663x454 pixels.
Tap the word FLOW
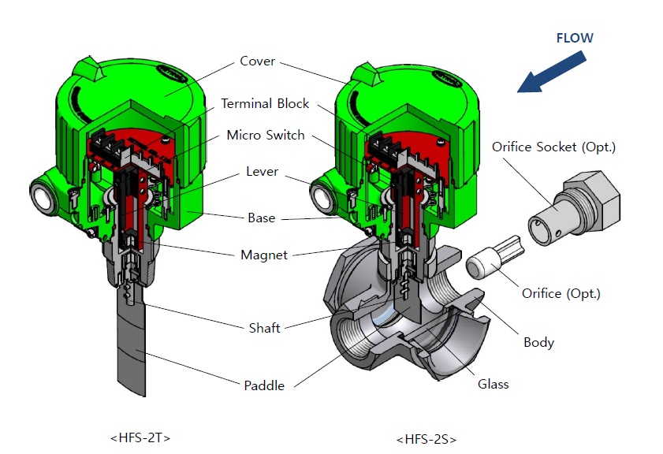pyautogui.click(x=575, y=38)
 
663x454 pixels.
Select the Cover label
pyautogui.click(x=257, y=61)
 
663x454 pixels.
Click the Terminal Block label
pyautogui.click(x=265, y=103)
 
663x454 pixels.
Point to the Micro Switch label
pyautogui.click(x=265, y=135)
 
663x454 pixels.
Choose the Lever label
pyautogui.click(x=262, y=171)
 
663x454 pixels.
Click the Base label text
pyautogui.click(x=261, y=218)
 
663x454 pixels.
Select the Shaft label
pyautogui.click(x=264, y=328)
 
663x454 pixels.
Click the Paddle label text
pyautogui.click(x=264, y=385)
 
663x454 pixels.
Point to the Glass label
pyautogui.click(x=493, y=384)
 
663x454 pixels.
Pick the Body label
pyautogui.click(x=538, y=343)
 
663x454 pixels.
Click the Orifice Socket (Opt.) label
pyautogui.click(x=553, y=147)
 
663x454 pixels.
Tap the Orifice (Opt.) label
pyautogui.click(x=561, y=293)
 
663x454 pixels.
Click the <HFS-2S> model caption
pyautogui.click(x=426, y=438)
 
